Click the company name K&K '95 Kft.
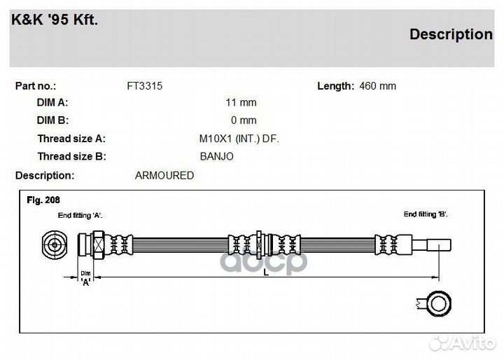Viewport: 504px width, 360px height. (55, 20)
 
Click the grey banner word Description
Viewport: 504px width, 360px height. (451, 34)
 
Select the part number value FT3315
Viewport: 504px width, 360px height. (145, 86)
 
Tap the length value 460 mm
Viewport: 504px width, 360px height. (378, 86)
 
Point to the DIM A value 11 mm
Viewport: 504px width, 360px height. (241, 103)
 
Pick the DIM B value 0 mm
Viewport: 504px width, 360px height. (244, 120)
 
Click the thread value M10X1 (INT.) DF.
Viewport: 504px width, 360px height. (239, 139)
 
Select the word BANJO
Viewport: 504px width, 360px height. (216, 156)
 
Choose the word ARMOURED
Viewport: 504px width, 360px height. (164, 176)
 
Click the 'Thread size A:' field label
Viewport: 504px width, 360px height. (71, 139)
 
